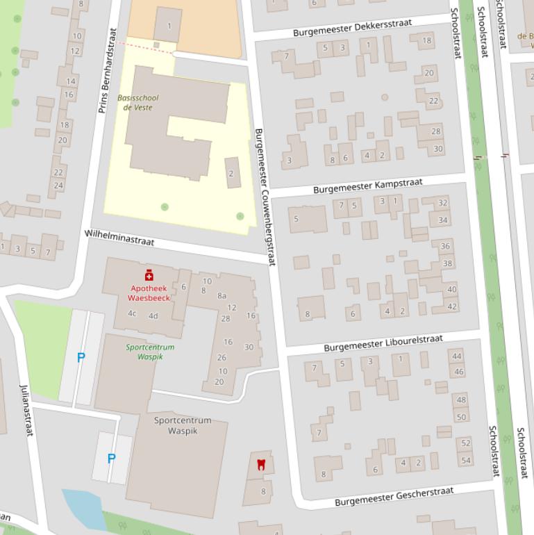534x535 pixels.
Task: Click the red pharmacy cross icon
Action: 149,276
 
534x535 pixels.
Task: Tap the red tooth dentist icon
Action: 261,463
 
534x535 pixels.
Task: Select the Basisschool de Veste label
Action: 138,103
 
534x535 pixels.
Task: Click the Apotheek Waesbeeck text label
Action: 149,293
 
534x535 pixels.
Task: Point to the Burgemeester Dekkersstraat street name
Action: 352,28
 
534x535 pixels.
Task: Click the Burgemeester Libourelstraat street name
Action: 383,343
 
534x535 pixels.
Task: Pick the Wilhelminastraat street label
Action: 119,238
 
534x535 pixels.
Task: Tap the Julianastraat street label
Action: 26,410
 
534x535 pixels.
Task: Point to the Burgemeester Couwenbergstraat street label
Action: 265,197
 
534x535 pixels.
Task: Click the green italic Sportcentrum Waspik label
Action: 150,352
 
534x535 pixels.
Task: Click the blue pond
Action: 83,508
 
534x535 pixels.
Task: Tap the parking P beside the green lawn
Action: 81,357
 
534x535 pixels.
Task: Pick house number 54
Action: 465,460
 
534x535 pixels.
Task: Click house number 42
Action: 452,306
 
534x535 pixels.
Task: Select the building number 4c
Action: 132,313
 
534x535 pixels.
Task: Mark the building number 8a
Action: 222,295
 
